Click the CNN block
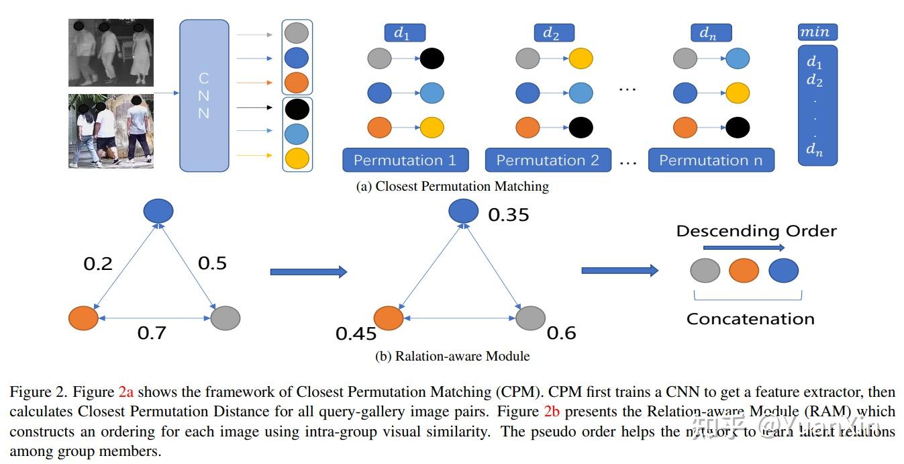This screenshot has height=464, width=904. click(x=204, y=95)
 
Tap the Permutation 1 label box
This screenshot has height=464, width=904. click(x=405, y=160)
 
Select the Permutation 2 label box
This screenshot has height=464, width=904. click(x=548, y=160)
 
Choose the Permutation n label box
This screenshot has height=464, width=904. click(x=711, y=160)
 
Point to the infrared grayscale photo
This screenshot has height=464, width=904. click(x=111, y=52)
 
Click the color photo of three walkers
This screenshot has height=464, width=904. click(x=111, y=131)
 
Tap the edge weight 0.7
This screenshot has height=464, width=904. click(x=152, y=332)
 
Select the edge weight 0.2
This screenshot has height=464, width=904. click(x=98, y=264)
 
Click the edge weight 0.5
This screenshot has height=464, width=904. click(x=212, y=263)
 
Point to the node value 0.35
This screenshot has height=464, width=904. click(x=508, y=215)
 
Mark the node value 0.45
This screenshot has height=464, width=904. click(x=356, y=333)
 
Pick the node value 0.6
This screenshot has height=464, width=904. click(x=561, y=332)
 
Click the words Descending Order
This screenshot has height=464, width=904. click(x=756, y=231)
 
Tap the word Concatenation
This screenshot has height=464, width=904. click(x=750, y=319)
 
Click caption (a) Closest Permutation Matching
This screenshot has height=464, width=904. click(x=452, y=187)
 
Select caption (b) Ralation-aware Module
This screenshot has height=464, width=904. click(x=452, y=357)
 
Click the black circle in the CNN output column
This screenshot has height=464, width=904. click(x=297, y=108)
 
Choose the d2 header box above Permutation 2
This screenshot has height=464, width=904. click(x=554, y=33)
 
